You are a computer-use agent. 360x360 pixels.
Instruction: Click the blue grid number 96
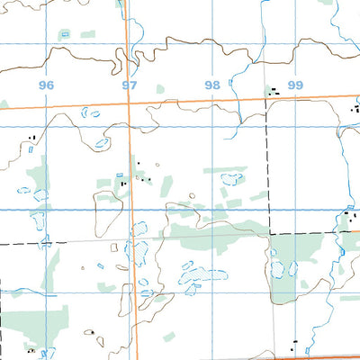pos(47,85)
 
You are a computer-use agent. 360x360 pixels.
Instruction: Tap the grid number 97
pos(130,85)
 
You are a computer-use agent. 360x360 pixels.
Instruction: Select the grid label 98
pos(211,85)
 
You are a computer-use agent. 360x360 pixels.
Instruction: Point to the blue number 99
pos(295,85)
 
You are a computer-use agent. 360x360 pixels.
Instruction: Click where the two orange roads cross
pos(130,104)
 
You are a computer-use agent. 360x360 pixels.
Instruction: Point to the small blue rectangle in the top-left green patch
pos(63,34)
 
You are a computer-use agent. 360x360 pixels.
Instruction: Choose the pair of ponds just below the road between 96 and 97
pos(92,112)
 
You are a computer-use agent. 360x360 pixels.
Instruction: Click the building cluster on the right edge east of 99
pos(353,108)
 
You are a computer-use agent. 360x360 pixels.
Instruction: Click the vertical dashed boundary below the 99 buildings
pos(268,162)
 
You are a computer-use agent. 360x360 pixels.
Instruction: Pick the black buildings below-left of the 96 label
pos(32,138)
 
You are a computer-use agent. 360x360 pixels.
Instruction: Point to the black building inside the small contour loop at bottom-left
pos(91,334)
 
